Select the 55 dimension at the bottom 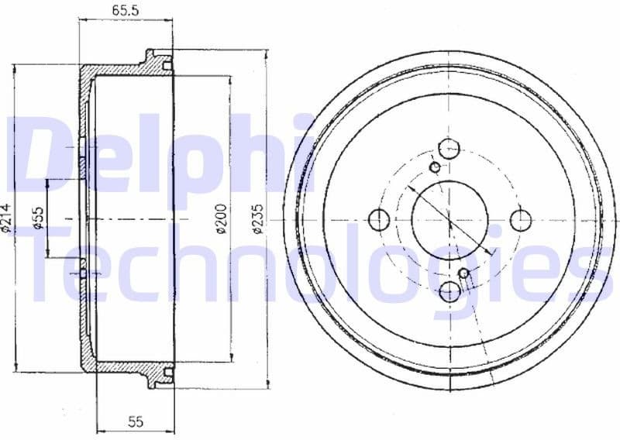pyautogui.click(x=136, y=421)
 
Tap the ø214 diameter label pyautogui.click(x=7, y=218)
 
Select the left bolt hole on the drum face pyautogui.click(x=378, y=219)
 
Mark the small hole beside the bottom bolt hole pyautogui.click(x=464, y=273)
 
